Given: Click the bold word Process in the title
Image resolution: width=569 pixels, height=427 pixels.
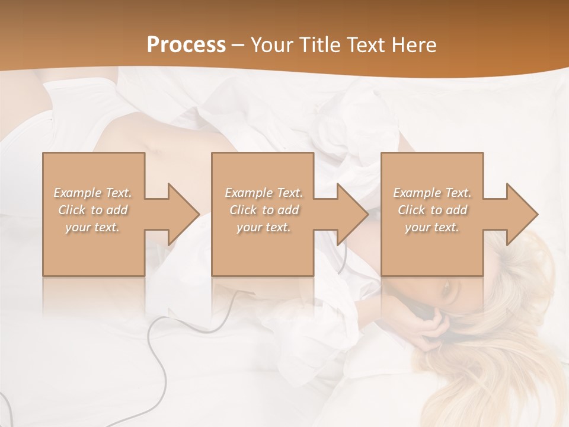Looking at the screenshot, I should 186,45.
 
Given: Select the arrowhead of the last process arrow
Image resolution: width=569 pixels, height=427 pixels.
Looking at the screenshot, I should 521,214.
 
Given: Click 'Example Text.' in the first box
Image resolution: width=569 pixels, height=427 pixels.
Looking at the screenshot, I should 92,193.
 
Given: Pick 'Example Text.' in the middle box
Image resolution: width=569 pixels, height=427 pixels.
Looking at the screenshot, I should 263,193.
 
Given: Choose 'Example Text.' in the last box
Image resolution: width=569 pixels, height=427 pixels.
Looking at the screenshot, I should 432,193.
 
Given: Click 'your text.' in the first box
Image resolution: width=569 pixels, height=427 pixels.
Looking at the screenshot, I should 92,227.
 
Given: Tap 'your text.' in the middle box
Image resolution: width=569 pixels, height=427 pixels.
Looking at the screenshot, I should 263,227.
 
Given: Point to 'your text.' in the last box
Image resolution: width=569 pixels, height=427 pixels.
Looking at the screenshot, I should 432,227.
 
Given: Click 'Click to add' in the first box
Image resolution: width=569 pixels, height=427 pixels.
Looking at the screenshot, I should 92,210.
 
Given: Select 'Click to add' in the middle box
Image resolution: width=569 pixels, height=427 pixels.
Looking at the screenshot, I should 263,210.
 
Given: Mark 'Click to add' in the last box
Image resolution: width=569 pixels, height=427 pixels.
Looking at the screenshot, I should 432,210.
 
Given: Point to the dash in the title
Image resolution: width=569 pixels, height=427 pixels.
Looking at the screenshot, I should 238,46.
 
